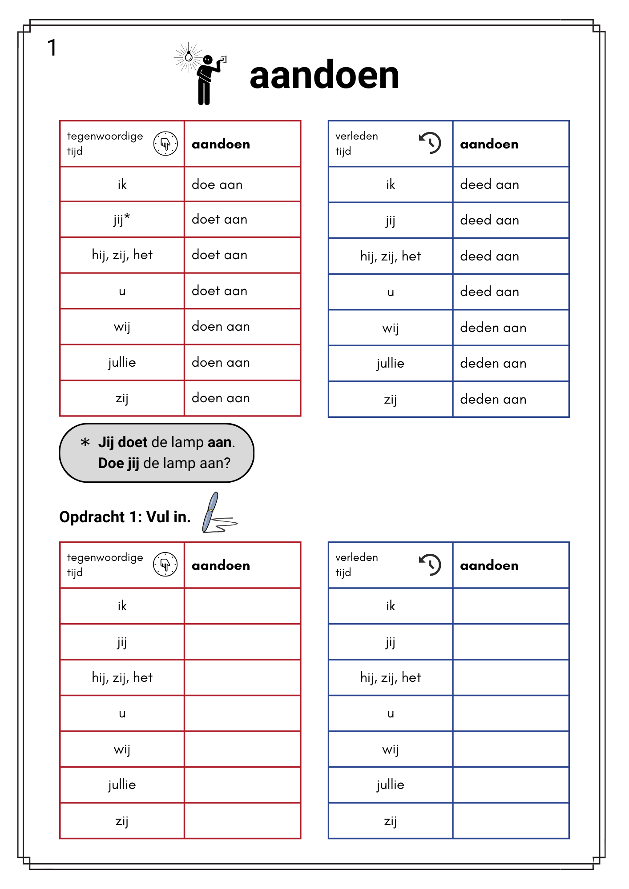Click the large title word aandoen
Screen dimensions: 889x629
(324, 76)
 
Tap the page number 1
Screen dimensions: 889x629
(52, 48)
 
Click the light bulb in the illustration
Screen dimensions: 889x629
(189, 56)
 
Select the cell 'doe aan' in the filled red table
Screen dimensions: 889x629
(217, 184)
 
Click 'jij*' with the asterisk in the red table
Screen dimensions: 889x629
(122, 220)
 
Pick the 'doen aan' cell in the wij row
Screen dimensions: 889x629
(221, 327)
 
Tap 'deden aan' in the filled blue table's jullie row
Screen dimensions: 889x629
(493, 364)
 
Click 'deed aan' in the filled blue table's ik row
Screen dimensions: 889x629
(489, 184)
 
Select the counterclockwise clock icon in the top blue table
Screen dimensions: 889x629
(430, 143)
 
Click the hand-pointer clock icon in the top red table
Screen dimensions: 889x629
(165, 144)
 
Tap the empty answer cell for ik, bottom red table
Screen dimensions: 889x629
(242, 606)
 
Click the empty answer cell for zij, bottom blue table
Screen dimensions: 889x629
(511, 821)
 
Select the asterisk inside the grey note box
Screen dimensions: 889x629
(85, 442)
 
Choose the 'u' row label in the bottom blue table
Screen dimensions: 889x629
(391, 713)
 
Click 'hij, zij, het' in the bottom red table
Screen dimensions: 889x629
(122, 677)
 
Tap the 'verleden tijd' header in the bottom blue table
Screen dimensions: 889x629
(357, 565)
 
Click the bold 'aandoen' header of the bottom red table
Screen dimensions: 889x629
(221, 565)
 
